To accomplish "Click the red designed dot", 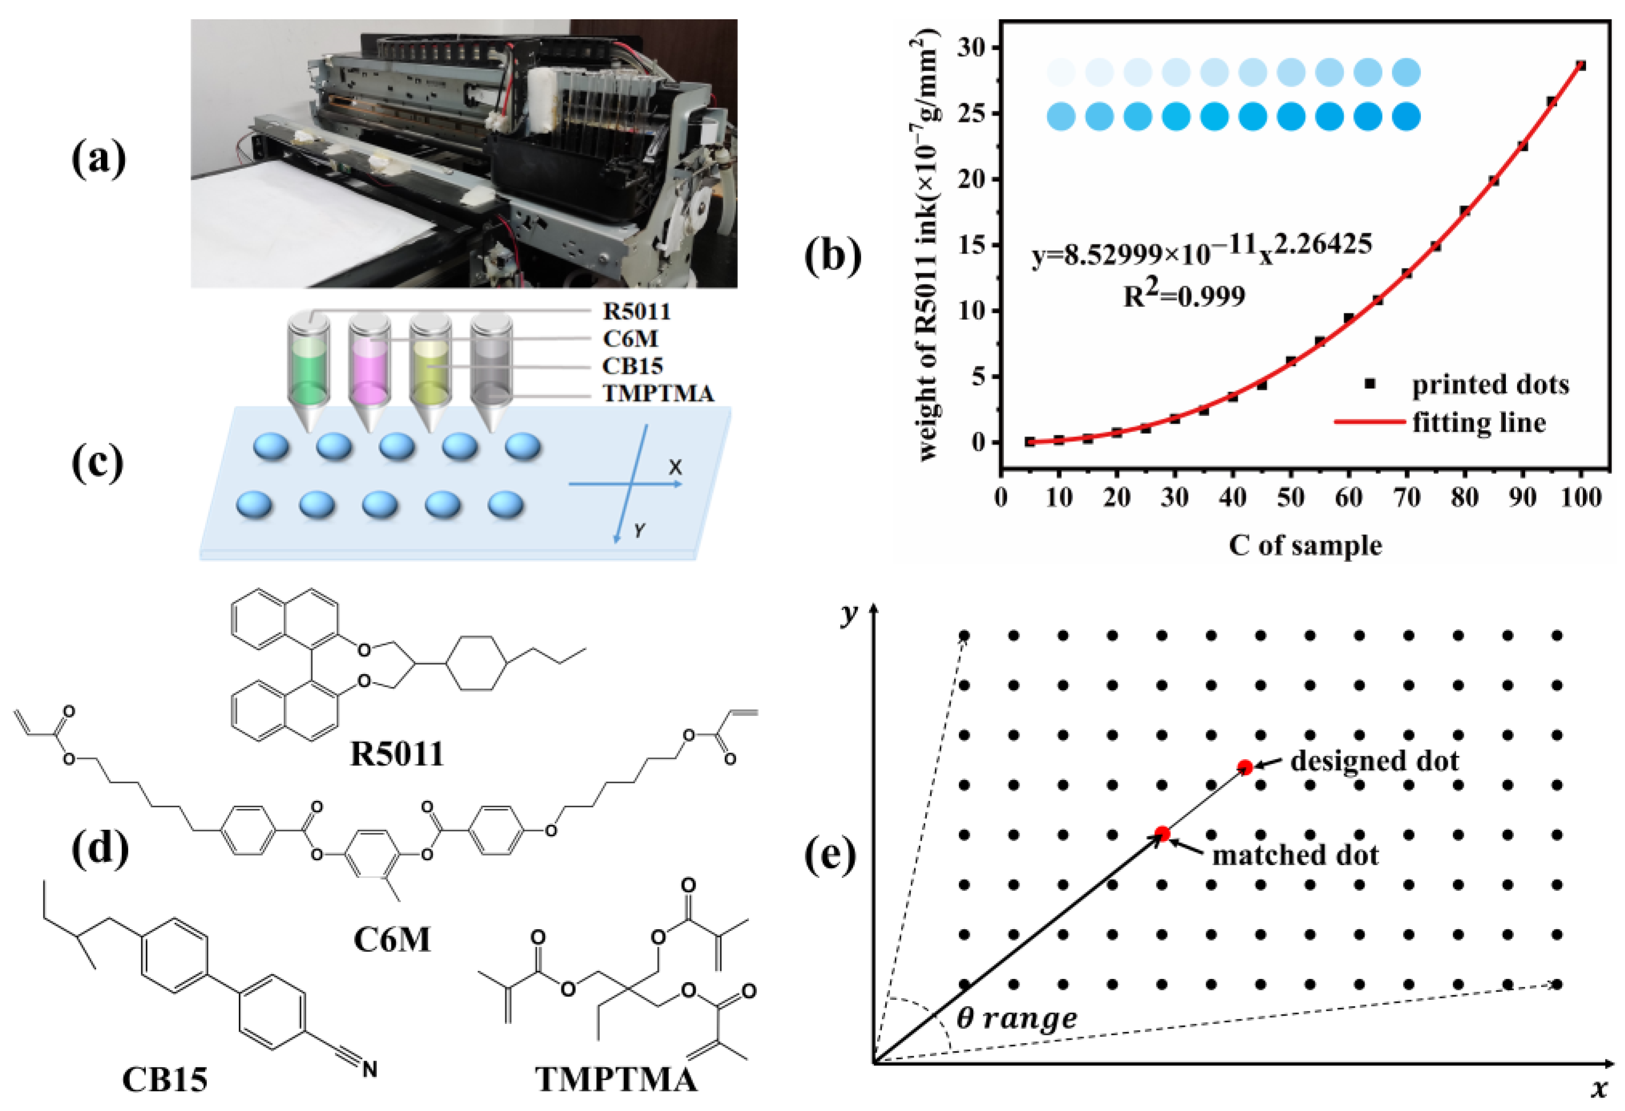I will (x=1245, y=767).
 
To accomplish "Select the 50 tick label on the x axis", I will (x=1291, y=497).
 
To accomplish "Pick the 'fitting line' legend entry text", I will (x=1479, y=422).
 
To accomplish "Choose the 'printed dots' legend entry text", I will (x=1490, y=384).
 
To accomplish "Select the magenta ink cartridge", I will (x=369, y=371).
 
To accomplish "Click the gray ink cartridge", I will (x=491, y=371).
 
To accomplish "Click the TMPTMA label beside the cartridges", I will (x=658, y=393).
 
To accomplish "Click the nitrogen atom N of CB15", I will (x=369, y=1069).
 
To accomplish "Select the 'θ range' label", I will (x=1016, y=1018).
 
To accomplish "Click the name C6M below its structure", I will (x=392, y=939).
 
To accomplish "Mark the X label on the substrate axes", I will (x=675, y=467).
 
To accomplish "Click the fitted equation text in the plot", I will (x=1202, y=250).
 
